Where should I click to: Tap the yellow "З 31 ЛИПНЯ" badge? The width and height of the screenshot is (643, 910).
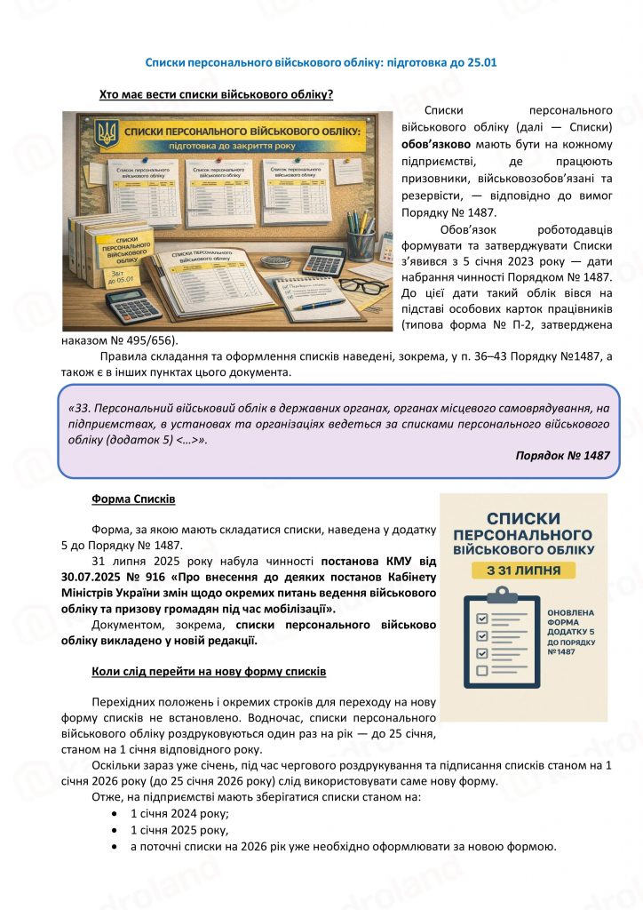coord(523,570)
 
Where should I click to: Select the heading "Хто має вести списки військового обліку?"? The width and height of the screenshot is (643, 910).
coord(216,93)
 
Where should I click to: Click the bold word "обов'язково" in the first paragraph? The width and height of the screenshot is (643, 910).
coord(420,145)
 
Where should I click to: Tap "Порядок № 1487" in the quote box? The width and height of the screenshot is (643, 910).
coord(562,455)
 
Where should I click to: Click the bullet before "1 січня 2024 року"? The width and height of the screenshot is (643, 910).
coord(115,813)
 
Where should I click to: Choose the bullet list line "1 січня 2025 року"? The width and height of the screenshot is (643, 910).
coord(179,830)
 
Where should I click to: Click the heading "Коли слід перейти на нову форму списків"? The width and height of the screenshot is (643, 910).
coord(209,671)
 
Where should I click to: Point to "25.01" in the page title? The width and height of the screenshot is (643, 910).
coord(480,63)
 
